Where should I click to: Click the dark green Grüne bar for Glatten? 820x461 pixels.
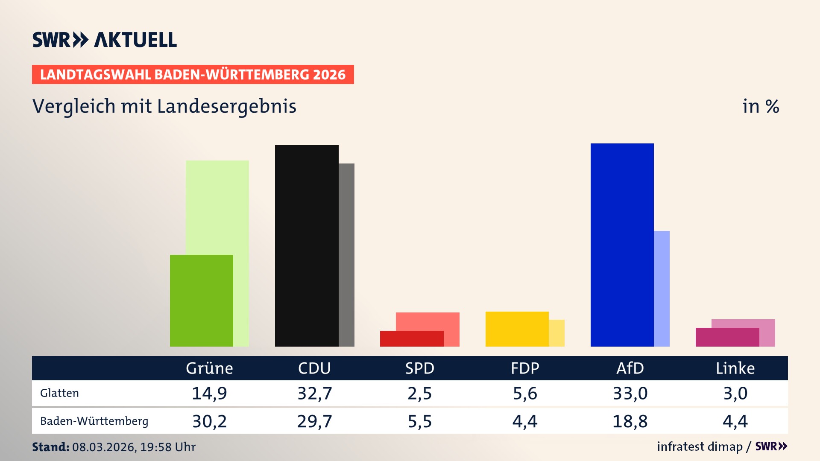tap(201, 301)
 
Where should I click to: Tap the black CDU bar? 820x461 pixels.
tap(307, 245)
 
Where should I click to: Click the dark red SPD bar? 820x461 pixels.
tap(411, 338)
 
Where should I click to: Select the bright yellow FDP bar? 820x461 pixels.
tap(517, 329)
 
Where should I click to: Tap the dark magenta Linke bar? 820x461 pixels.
tap(727, 337)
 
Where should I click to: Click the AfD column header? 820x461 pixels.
tap(630, 368)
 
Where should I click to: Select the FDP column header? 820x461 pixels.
tap(525, 368)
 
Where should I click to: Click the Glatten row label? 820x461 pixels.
tap(59, 393)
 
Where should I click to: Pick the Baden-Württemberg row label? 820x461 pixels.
tap(94, 421)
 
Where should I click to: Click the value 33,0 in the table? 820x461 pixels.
tap(630, 393)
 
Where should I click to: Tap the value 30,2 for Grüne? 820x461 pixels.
tap(209, 421)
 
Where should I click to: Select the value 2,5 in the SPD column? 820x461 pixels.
tap(419, 393)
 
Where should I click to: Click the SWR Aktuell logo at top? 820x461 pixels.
tap(104, 40)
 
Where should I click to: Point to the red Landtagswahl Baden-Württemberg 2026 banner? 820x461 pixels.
tap(193, 74)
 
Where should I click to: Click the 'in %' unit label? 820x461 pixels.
tap(760, 106)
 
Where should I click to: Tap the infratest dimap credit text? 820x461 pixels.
tap(700, 446)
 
